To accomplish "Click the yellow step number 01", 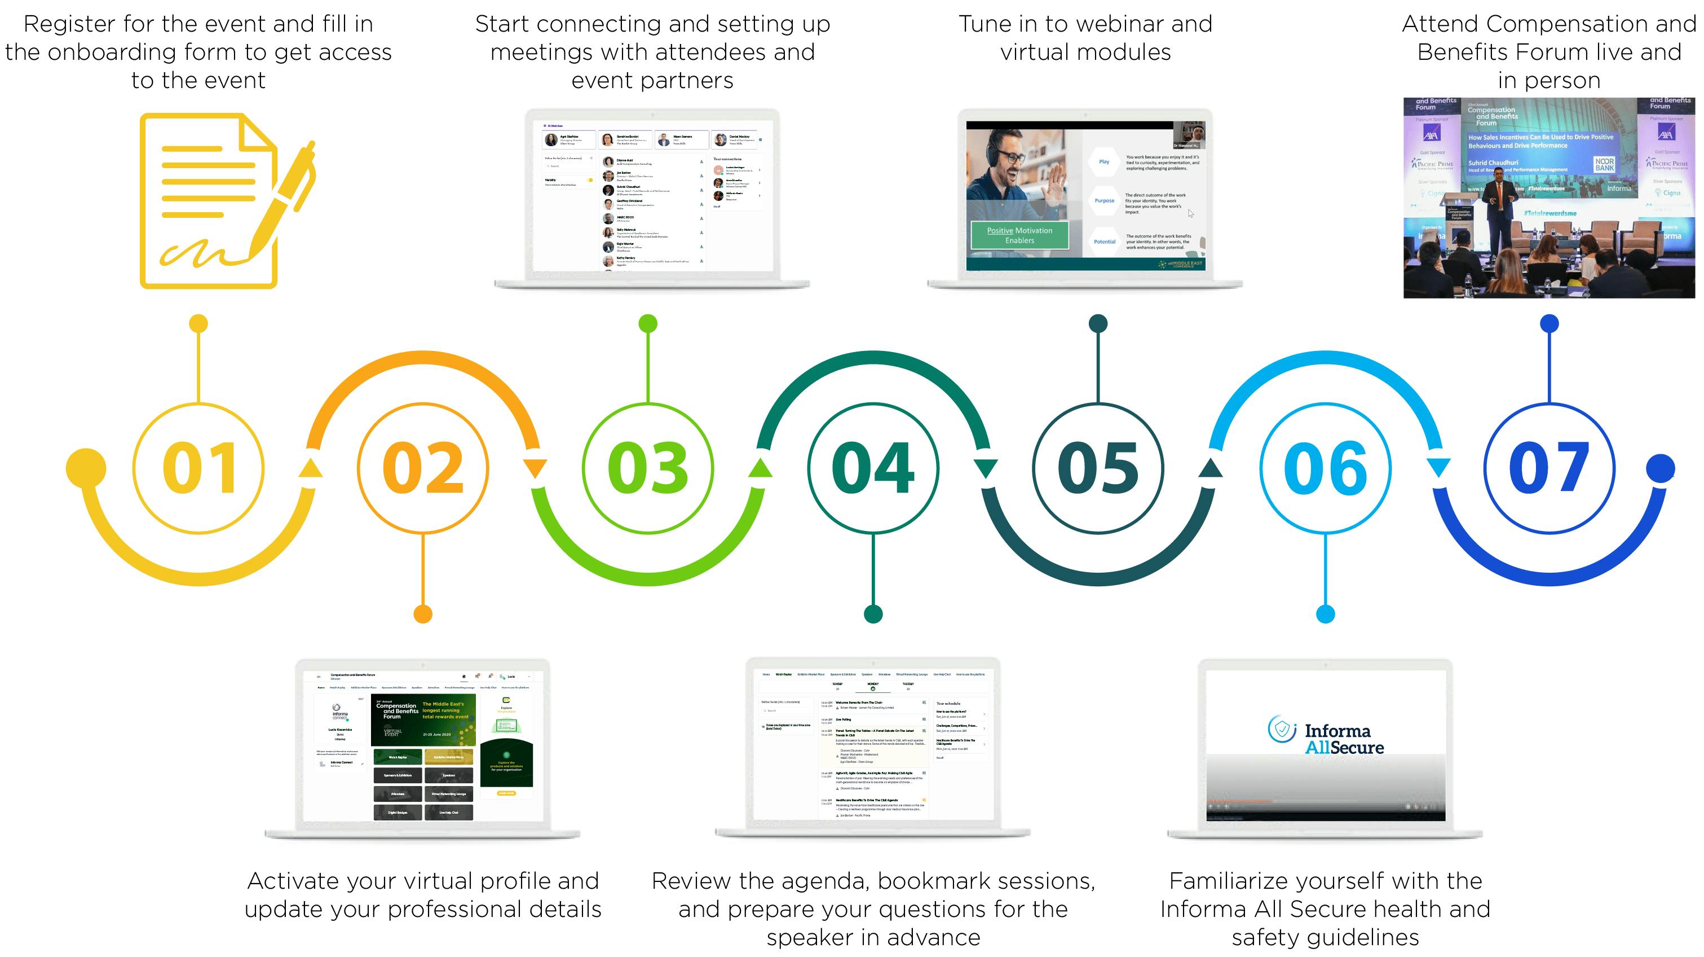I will [x=199, y=468].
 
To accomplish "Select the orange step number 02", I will [x=423, y=468].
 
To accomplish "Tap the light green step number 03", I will [x=648, y=468].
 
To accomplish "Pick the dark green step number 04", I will [x=873, y=468].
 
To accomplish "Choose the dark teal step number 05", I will [x=1098, y=468].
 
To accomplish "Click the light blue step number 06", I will [x=1325, y=468].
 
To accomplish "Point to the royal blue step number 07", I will [x=1549, y=468].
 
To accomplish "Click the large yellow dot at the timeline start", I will [x=86, y=468].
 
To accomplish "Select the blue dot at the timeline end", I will [x=1661, y=468].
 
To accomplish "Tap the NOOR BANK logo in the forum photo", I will [x=1604, y=164].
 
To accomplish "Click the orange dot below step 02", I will [x=423, y=614].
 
